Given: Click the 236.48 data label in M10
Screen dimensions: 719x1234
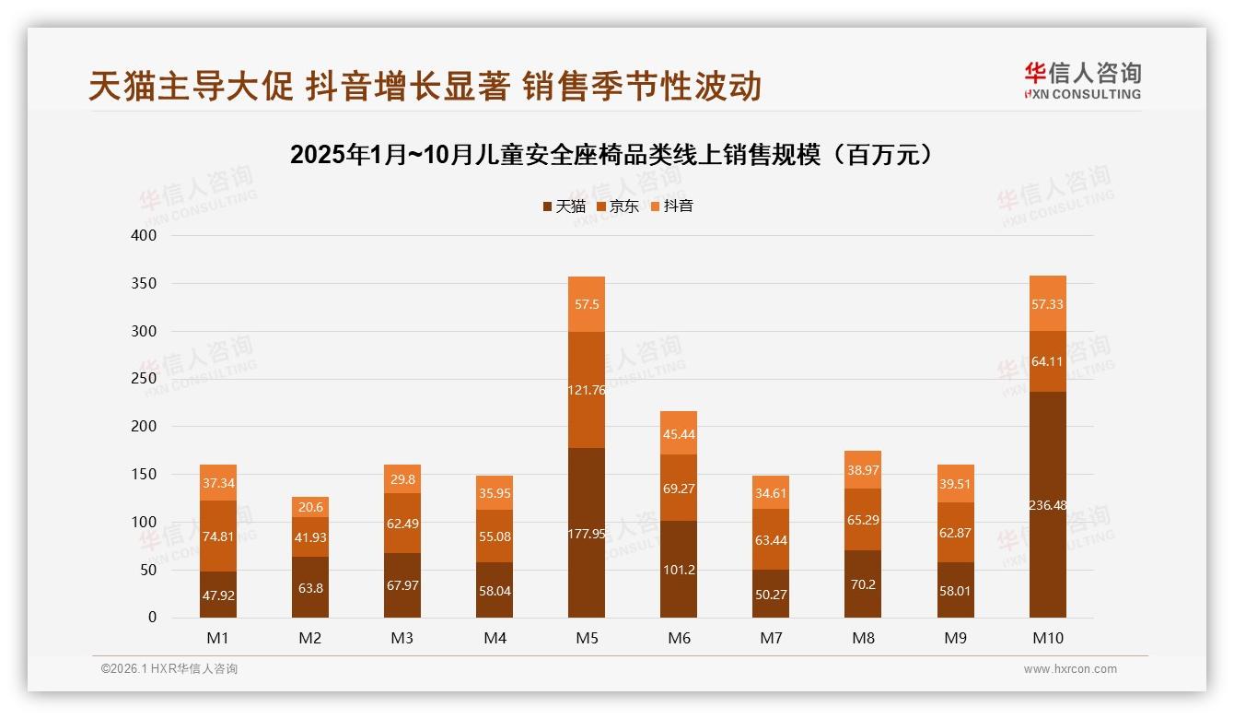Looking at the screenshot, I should point(1047,504).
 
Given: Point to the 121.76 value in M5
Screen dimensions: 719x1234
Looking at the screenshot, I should point(587,390).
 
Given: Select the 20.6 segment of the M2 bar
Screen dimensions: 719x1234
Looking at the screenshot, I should point(310,507).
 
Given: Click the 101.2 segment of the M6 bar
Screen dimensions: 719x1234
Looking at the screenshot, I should point(679,570).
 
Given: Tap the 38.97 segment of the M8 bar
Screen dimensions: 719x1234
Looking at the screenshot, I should point(863,470).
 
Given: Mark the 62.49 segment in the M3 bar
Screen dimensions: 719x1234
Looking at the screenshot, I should point(402,523).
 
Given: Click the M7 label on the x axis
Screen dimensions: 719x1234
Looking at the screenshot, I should point(771,638).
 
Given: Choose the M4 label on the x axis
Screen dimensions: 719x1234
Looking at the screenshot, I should point(495,638).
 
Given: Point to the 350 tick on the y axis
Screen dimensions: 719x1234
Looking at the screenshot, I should point(146,283).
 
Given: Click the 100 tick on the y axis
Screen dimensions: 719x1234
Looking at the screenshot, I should point(146,522).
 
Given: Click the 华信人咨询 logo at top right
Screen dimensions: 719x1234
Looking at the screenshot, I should point(1082,81).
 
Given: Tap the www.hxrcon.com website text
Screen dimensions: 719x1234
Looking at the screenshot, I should point(1070,669).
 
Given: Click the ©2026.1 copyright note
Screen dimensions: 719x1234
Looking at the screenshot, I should point(169,669).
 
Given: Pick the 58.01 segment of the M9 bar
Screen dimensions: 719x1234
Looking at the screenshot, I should point(955,590).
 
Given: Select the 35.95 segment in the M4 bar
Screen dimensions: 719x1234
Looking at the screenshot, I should point(495,492).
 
